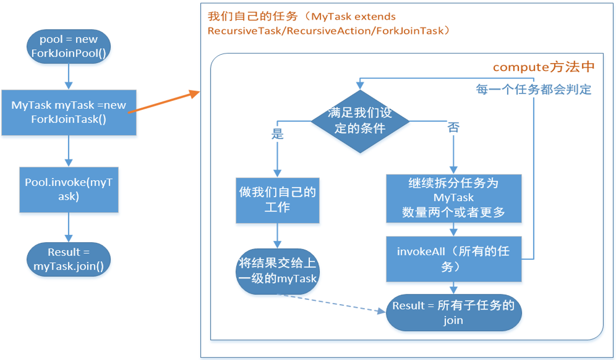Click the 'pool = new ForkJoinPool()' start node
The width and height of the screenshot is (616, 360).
pyautogui.click(x=69, y=47)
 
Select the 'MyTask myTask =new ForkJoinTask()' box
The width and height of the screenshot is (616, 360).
pyautogui.click(x=69, y=112)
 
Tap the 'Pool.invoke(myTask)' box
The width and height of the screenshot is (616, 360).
pyautogui.click(x=69, y=189)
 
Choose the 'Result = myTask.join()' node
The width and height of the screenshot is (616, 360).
pyautogui.click(x=69, y=259)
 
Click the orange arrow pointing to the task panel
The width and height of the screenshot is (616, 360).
pyautogui.click(x=164, y=102)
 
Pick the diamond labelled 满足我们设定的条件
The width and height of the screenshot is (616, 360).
pyautogui.click(x=360, y=121)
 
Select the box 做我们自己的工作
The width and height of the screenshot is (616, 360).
pyautogui.click(x=277, y=200)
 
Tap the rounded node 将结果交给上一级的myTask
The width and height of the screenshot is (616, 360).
pyautogui.click(x=277, y=271)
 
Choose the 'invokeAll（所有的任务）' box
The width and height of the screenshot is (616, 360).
pyautogui.click(x=454, y=259)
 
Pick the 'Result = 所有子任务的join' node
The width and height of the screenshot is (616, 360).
pyautogui.click(x=454, y=313)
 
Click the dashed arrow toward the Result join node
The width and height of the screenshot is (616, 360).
pyautogui.click(x=331, y=303)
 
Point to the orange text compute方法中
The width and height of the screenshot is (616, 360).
pyautogui.click(x=544, y=67)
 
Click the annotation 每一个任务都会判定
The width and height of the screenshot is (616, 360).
pyautogui.click(x=533, y=89)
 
